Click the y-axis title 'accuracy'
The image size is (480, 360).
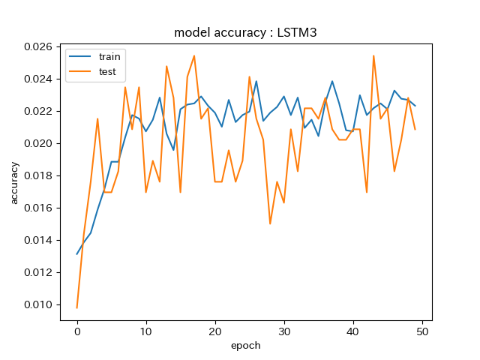(14, 182)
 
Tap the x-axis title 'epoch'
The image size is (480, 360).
(246, 346)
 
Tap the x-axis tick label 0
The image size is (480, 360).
(77, 331)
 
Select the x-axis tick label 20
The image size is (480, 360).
(215, 331)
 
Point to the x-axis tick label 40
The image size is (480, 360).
(353, 331)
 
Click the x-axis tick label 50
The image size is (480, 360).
(422, 331)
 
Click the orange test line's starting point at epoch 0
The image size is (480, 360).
(77, 307)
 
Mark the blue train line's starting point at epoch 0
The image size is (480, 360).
(77, 253)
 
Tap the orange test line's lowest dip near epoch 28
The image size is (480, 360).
(270, 223)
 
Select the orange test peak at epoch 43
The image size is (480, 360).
(373, 55)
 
